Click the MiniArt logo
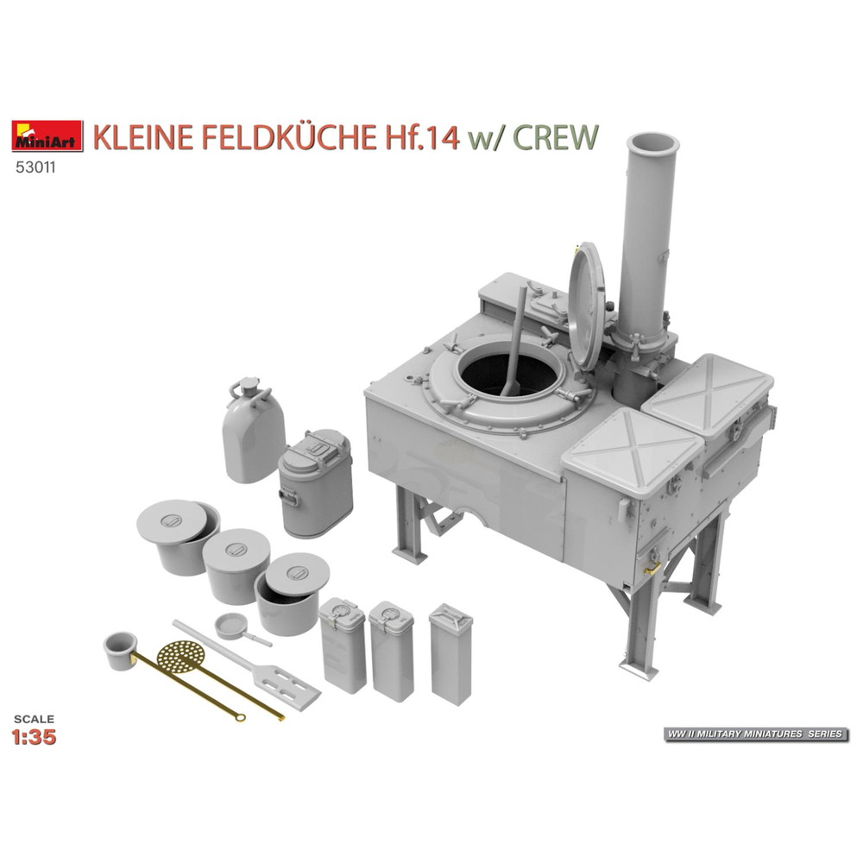coord(47,136)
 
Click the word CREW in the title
coord(555,137)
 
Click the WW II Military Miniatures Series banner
coord(756,734)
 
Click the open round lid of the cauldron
coord(587,306)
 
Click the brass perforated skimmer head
coord(181,656)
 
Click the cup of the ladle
coord(120,650)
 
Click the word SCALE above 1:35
coord(35,719)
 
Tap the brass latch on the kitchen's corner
coord(652,568)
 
